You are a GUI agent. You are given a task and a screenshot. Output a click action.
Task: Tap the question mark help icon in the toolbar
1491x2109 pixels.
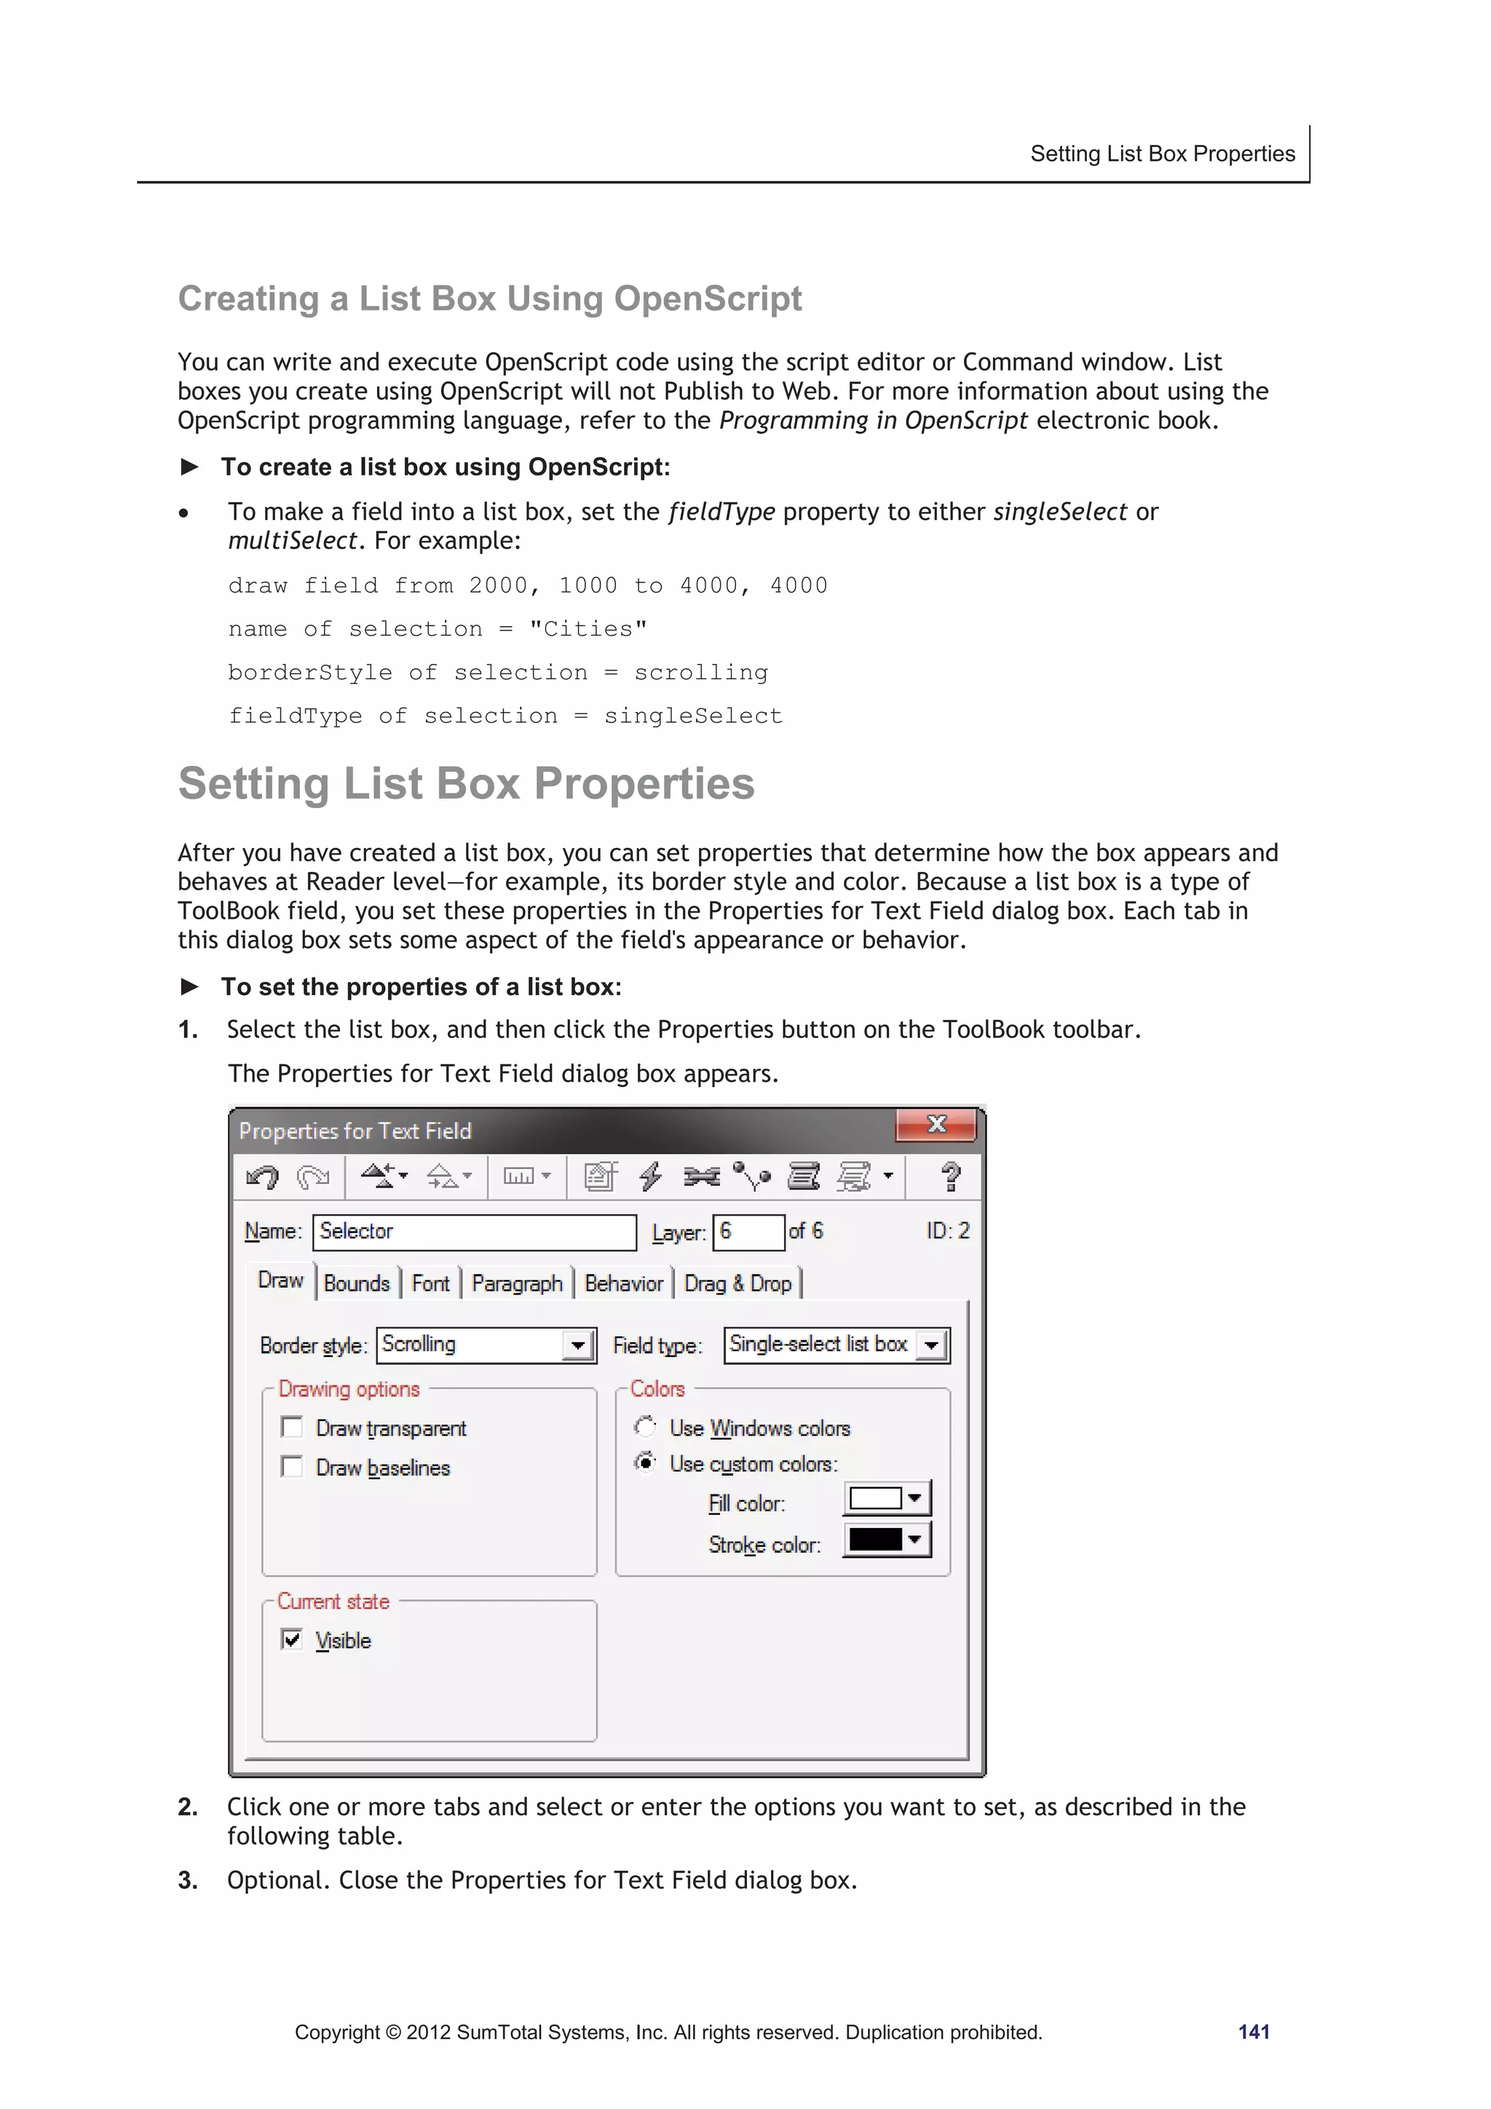(x=950, y=1176)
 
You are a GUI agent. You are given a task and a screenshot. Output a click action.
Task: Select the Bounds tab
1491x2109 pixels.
(x=357, y=1283)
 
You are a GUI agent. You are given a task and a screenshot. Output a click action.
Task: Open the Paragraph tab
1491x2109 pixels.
(x=516, y=1283)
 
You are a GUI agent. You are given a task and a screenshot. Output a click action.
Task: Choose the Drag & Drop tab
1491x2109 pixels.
(x=737, y=1283)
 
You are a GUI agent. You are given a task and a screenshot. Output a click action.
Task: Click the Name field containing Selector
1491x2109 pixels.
(x=473, y=1232)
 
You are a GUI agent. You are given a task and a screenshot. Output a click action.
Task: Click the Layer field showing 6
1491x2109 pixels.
(x=748, y=1232)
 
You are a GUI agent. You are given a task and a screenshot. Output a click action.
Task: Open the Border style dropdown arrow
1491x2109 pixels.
(x=578, y=1345)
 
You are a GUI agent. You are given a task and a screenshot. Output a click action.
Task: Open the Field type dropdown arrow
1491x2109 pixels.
(x=932, y=1345)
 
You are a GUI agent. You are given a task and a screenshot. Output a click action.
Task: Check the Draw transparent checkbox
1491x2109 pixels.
(x=292, y=1427)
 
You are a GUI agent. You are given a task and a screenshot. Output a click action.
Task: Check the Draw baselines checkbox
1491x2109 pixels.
(x=292, y=1466)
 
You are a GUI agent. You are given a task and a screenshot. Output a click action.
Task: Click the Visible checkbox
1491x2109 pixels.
(x=292, y=1639)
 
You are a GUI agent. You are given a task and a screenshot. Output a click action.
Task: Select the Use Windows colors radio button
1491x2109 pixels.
(x=646, y=1427)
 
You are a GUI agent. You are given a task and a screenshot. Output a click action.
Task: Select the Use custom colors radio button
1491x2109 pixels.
(x=646, y=1463)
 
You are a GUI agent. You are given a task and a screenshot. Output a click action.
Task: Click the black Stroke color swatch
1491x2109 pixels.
(x=876, y=1540)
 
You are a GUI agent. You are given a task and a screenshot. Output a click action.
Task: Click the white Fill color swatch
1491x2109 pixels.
(x=876, y=1498)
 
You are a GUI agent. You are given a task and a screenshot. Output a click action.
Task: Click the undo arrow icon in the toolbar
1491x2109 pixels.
(x=263, y=1176)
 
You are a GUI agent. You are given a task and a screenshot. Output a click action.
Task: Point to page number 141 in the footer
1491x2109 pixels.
(x=1253, y=2032)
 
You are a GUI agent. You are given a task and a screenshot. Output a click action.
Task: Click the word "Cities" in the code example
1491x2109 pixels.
(x=588, y=629)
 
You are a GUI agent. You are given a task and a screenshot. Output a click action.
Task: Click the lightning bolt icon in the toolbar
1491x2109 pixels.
(x=650, y=1176)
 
